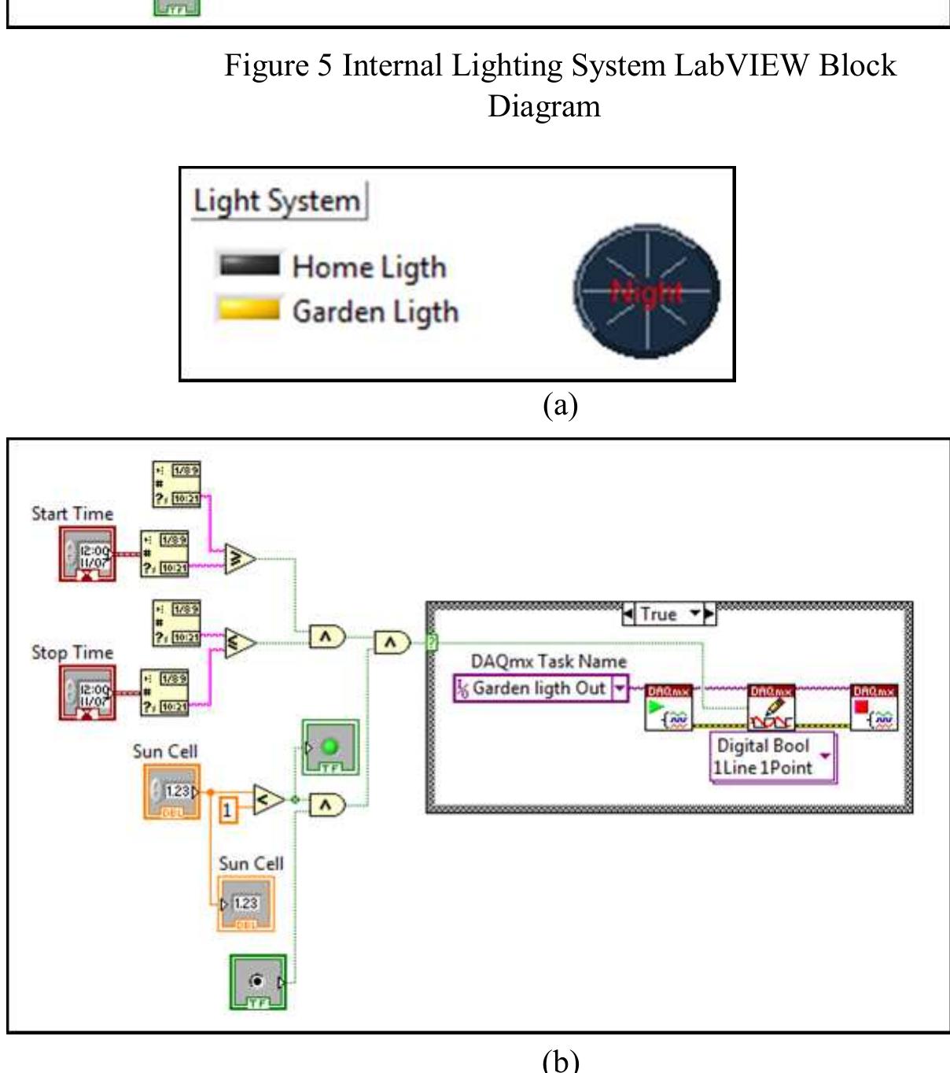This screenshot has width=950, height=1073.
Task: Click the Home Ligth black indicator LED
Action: click(x=249, y=265)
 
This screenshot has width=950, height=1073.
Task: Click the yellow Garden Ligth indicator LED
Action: click(x=249, y=308)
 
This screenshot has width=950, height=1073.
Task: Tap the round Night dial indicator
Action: click(x=646, y=291)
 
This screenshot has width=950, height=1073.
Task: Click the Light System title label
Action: click(x=278, y=201)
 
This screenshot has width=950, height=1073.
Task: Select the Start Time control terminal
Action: click(x=87, y=555)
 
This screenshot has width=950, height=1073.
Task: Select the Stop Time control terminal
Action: click(x=87, y=693)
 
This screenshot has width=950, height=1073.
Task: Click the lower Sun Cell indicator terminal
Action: click(x=246, y=904)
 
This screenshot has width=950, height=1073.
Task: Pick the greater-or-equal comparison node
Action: click(x=241, y=559)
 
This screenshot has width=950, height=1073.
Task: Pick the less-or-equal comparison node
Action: click(x=241, y=643)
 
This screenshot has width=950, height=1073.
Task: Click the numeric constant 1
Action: click(x=227, y=809)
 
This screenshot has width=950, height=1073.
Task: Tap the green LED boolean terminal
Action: click(x=330, y=747)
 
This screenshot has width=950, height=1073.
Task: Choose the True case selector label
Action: click(x=669, y=614)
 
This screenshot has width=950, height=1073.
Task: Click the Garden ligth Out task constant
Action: click(x=540, y=689)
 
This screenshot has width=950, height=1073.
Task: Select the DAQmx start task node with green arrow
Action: click(x=668, y=708)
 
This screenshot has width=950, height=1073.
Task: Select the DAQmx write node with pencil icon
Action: click(x=771, y=708)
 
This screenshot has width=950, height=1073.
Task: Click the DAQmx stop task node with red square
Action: click(x=875, y=708)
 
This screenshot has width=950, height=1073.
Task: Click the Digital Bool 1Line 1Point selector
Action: click(x=773, y=757)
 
